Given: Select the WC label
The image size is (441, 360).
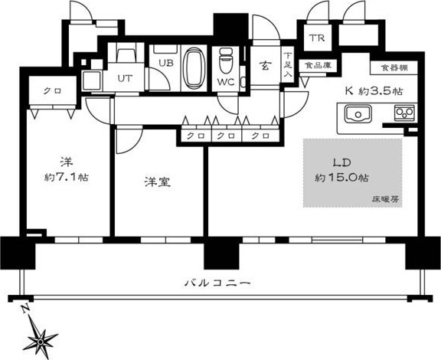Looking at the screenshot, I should pyautogui.click(x=225, y=80).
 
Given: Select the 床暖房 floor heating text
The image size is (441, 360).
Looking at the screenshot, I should pyautogui.click(x=387, y=198).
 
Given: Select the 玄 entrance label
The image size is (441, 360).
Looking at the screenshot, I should pyautogui.click(x=263, y=65).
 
